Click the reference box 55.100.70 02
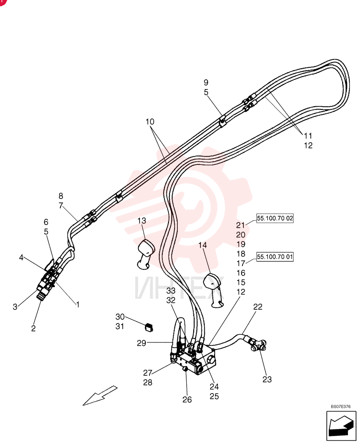coord(275,218)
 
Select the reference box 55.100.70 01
coord(275,257)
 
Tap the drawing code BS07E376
coord(340,407)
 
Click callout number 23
coord(267,379)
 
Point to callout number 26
coord(187,400)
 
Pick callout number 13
coord(142,221)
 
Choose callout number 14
coord(203,245)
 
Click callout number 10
coord(150,122)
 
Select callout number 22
coord(258,307)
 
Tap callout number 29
coord(141,343)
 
